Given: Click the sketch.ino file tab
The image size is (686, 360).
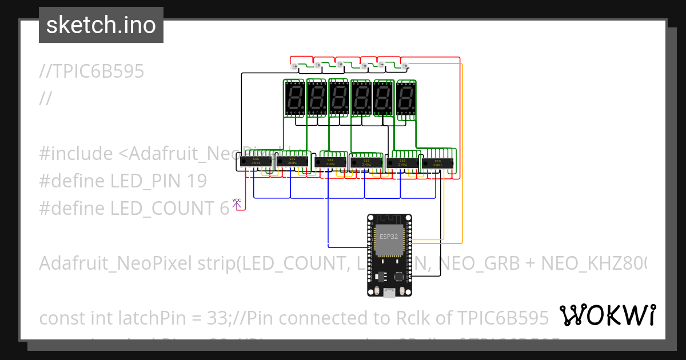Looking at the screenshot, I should (x=101, y=25).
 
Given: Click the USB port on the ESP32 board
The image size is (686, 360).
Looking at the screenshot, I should (x=390, y=293).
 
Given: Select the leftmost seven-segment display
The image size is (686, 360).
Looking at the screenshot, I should (x=294, y=97).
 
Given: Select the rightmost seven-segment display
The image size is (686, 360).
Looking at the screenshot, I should (x=406, y=97).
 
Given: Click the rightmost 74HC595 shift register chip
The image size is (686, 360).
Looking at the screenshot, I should (x=437, y=162).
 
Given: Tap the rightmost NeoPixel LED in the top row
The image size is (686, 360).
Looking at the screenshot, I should (x=405, y=67).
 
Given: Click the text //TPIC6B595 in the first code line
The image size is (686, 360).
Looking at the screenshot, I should (x=91, y=71).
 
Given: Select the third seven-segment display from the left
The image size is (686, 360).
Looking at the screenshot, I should (x=339, y=97).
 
